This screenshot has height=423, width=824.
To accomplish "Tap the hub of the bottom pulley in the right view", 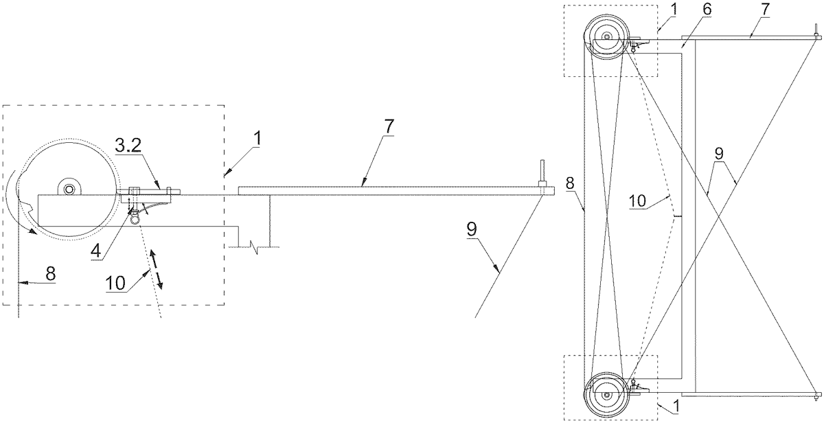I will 607,396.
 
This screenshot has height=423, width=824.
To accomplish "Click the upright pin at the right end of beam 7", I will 542,172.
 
